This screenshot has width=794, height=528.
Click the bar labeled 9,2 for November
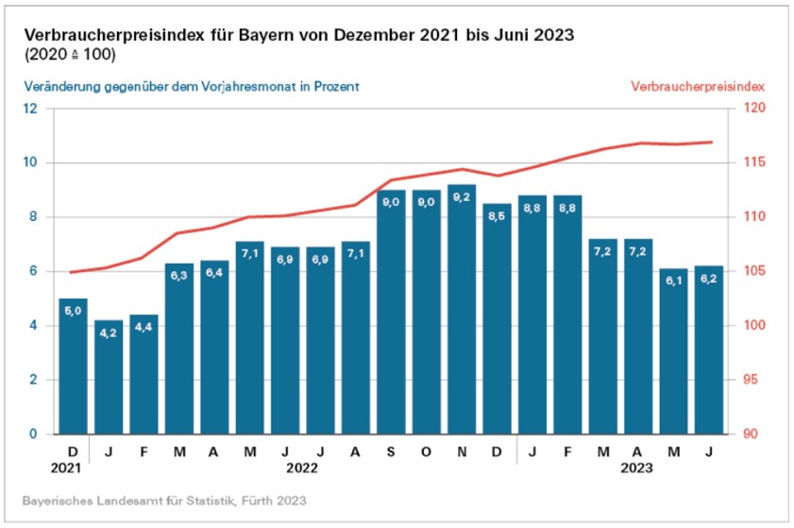[461, 312]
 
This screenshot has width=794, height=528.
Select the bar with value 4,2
[109, 378]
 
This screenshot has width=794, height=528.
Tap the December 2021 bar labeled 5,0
[73, 368]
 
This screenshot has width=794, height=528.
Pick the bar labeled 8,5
[497, 321]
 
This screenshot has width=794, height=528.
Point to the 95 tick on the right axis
[746, 381]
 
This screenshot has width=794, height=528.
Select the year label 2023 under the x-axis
[636, 468]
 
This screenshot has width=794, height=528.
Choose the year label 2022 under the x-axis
[302, 468]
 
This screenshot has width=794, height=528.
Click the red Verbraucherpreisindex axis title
[699, 86]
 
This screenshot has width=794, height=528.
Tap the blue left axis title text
[192, 86]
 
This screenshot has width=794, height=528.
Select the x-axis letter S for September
[391, 451]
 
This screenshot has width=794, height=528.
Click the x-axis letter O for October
[426, 451]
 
